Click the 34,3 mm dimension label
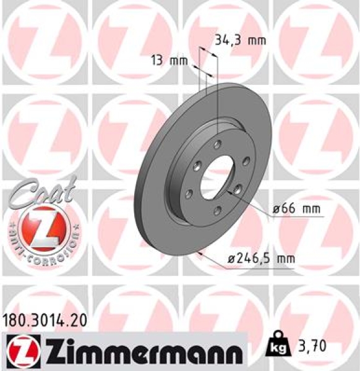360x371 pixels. pos(239,41)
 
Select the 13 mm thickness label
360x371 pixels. pos(169,61)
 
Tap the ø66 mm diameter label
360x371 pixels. pos(297,210)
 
